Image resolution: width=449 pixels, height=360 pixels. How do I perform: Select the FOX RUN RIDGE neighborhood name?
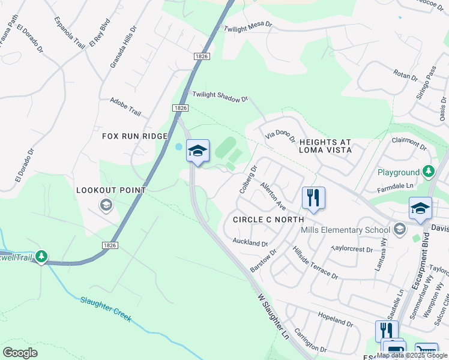click(134, 136)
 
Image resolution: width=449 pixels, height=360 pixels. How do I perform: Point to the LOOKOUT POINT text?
click(111, 190)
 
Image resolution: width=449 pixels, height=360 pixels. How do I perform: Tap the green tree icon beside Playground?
click(428, 172)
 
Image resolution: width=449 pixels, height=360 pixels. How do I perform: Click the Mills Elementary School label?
click(349, 230)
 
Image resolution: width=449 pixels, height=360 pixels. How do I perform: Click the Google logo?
click(20, 352)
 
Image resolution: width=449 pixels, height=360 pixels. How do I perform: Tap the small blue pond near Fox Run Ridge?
click(178, 147)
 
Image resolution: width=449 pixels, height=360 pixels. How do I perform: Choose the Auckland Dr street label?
click(250, 242)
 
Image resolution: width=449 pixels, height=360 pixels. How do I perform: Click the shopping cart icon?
click(426, 350)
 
